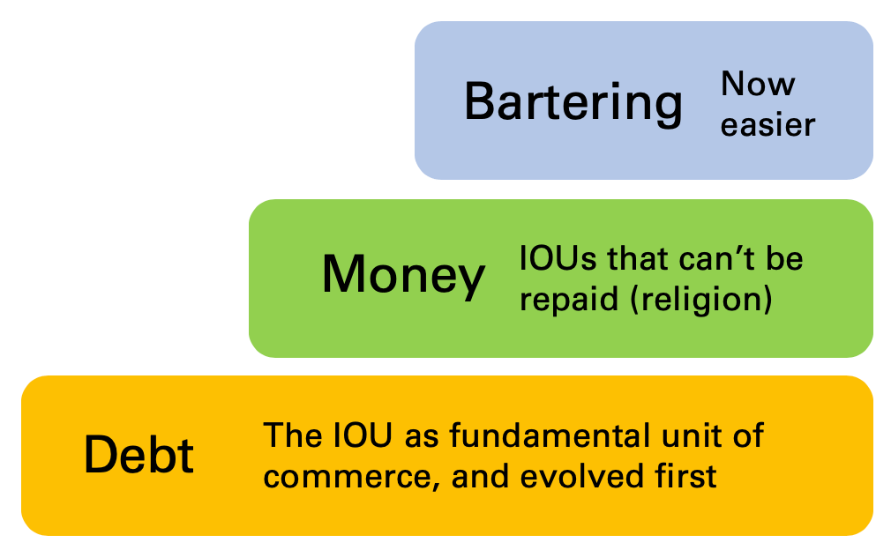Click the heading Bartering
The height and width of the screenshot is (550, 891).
[573, 102]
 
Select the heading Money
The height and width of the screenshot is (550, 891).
[403, 274]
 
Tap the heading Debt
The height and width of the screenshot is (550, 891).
[139, 455]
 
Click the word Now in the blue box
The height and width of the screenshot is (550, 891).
[758, 85]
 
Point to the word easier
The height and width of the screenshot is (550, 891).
[767, 125]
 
